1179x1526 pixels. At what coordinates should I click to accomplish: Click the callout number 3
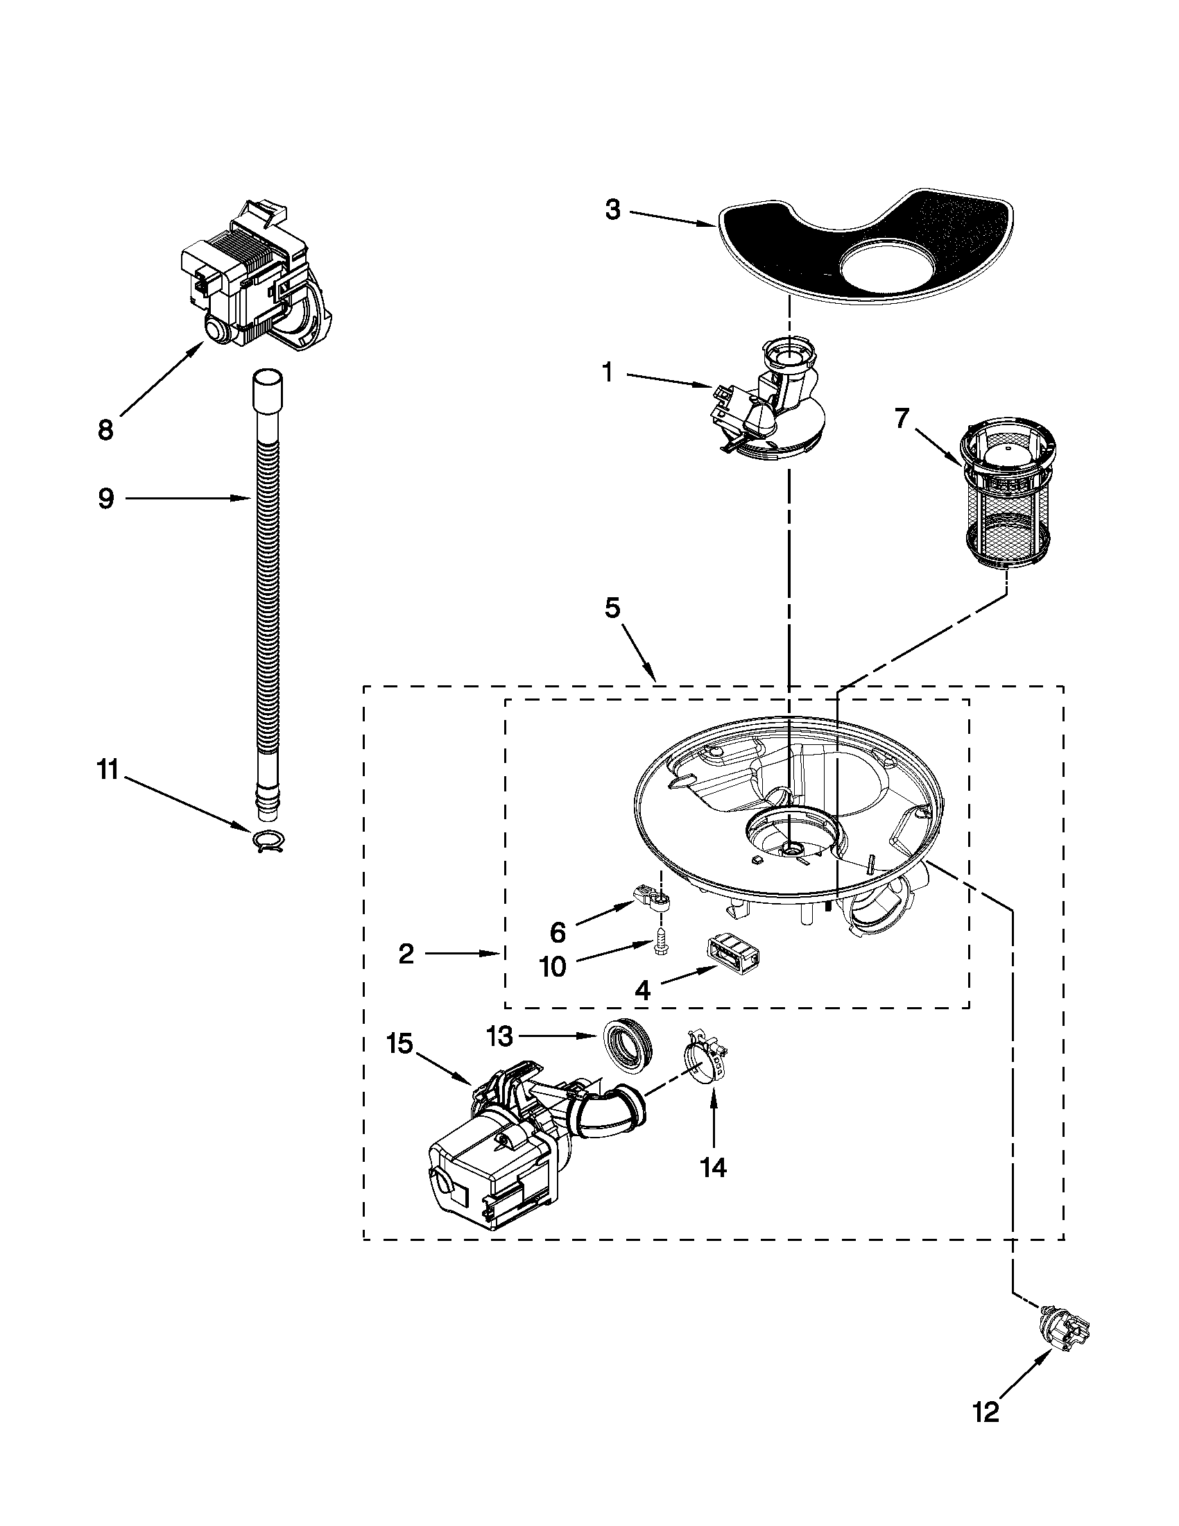(612, 210)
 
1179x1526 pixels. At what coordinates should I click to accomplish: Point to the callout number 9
(105, 499)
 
